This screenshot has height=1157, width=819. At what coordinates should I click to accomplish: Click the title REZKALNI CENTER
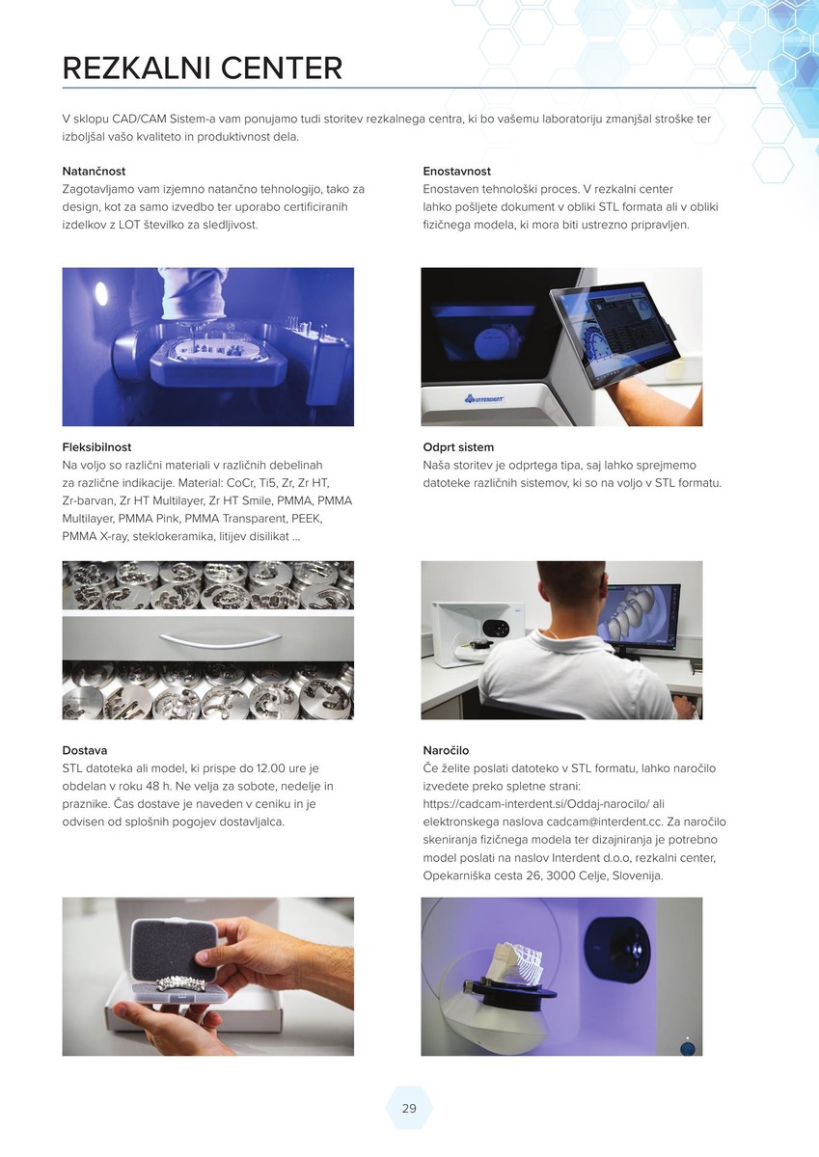click(202, 67)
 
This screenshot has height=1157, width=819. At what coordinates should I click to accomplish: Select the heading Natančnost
click(94, 171)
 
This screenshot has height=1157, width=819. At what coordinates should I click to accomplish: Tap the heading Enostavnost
click(457, 171)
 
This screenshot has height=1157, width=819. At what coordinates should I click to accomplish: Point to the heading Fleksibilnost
click(96, 446)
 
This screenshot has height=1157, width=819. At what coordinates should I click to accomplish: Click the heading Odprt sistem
click(458, 446)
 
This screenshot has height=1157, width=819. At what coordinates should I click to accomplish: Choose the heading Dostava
click(85, 750)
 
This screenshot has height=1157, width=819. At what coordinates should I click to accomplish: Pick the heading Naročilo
click(446, 750)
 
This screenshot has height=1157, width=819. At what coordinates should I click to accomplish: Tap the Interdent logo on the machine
click(483, 398)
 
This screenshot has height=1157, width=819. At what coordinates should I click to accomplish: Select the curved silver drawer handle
click(221, 639)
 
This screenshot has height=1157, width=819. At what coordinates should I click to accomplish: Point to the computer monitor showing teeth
click(640, 617)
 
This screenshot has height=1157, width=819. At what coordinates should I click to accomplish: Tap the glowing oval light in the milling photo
click(101, 294)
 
